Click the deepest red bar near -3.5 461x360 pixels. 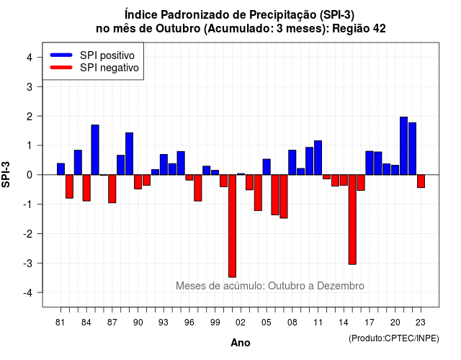coord(232,225)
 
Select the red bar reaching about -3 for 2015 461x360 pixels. coord(352,220)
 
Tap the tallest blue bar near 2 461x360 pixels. coord(403,145)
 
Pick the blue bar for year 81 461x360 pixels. coord(61,169)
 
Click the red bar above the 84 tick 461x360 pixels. coord(86,188)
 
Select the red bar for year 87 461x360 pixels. coord(112,189)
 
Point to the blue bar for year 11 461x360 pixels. coord(318,158)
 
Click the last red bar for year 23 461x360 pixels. coord(421,181)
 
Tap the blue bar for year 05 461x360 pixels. coord(267,167)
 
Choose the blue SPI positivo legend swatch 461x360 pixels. coord(61,55)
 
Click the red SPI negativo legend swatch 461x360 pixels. coord(61,68)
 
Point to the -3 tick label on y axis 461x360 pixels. coord(28,264)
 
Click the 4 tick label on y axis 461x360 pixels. coord(30,58)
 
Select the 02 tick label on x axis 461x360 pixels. coord(241,323)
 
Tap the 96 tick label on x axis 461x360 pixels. coord(189,323)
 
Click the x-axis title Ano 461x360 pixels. coord(241,343)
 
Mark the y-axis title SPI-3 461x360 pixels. coord(6,174)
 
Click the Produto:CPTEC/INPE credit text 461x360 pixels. coord(394,338)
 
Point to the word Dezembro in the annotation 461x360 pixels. coord(341,286)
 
